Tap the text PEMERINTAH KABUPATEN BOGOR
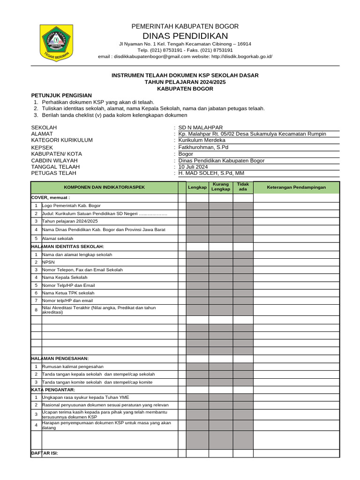pos(185,26)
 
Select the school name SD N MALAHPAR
pos(201,127)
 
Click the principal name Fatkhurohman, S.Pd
pos(203,147)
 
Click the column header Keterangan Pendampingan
pos(296,187)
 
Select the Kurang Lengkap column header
pos(220,187)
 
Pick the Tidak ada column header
pos(243,187)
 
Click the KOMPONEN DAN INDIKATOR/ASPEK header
pos(105,187)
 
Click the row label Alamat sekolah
pos(61,239)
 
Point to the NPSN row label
pos(48,262)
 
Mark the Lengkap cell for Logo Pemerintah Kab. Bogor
pos(197,205)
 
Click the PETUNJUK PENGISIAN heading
pos(61,95)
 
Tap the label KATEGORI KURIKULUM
pos(62,140)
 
